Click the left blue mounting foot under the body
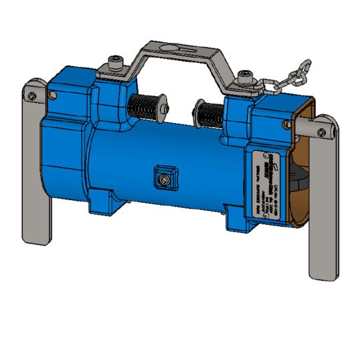pos(105,199)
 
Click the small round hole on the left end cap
pos(56,96)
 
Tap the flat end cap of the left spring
pos(161,104)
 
